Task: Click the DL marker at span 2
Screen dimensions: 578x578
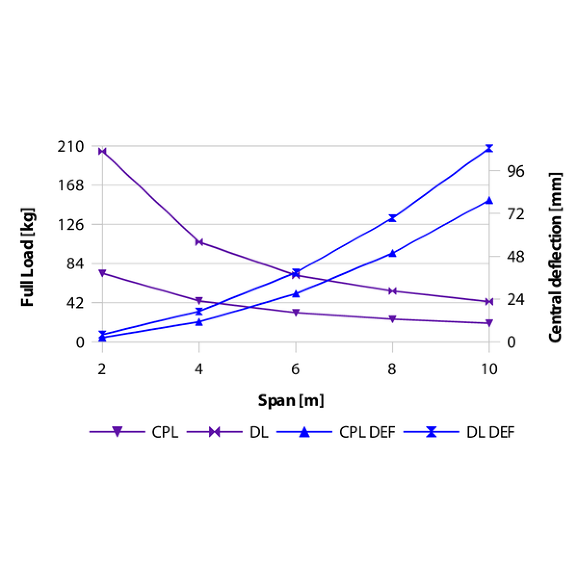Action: [x=102, y=151]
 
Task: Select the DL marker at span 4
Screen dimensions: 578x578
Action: [x=199, y=242]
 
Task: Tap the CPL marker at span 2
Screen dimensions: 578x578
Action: [x=102, y=273]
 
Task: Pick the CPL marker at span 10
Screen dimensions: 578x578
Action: [x=489, y=323]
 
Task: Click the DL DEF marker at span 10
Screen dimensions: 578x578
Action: [x=489, y=148]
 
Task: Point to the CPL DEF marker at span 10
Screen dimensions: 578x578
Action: [x=489, y=200]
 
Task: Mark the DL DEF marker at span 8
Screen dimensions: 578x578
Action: [x=393, y=218]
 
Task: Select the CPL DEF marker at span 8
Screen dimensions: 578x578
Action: [x=393, y=253]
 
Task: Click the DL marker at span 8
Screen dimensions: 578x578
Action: [x=393, y=291]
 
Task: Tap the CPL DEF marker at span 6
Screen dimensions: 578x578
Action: [x=296, y=293]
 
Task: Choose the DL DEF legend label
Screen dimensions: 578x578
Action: [x=490, y=432]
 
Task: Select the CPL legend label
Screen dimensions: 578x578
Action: [x=165, y=432]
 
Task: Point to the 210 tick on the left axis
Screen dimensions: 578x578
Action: [x=70, y=146]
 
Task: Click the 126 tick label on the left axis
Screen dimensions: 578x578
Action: [x=70, y=224]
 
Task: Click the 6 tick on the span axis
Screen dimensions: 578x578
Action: [x=296, y=369]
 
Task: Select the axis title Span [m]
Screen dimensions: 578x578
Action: [x=291, y=401]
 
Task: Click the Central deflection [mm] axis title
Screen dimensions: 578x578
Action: [x=555, y=257]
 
